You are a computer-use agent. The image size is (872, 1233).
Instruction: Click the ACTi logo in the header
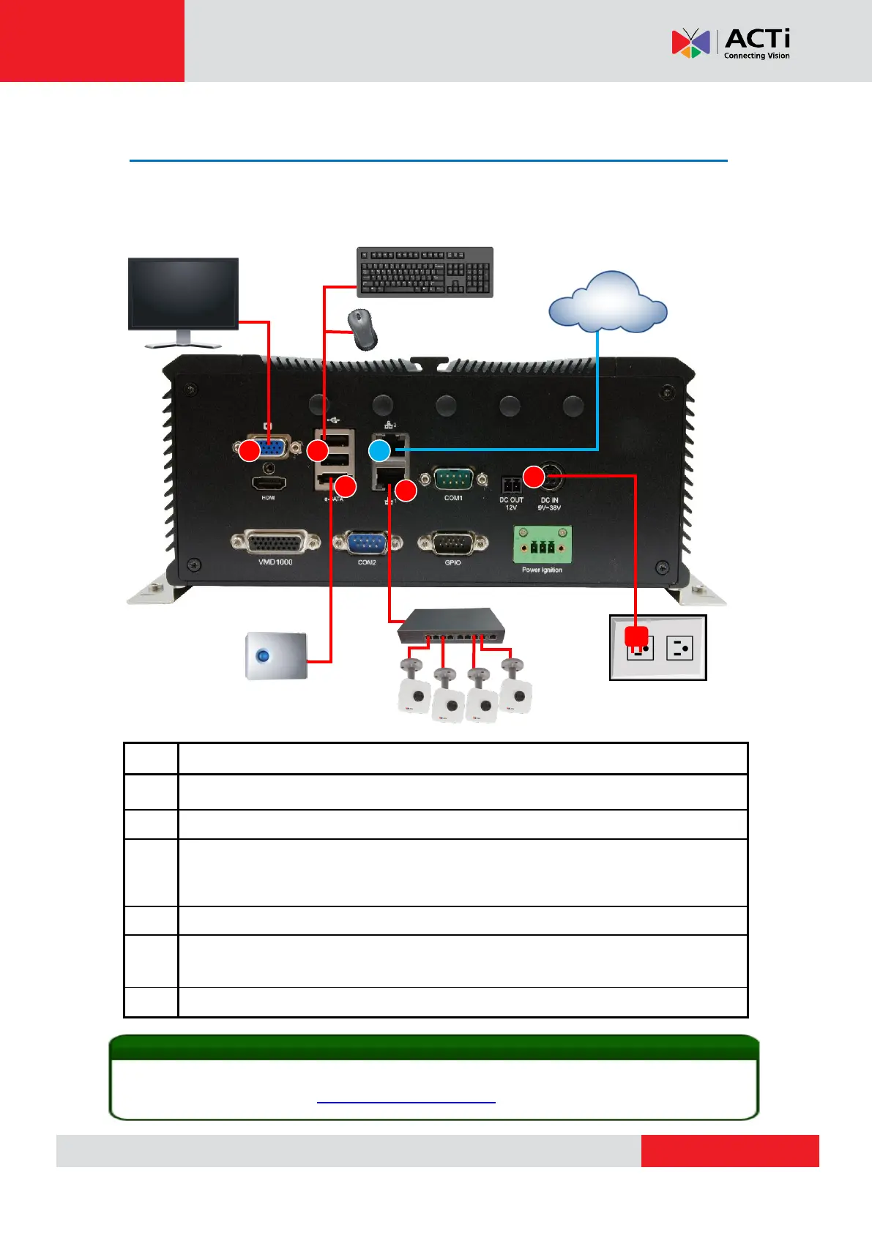pos(731,43)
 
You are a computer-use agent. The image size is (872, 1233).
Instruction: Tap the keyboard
pos(425,272)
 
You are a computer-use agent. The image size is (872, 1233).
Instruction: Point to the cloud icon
pos(608,302)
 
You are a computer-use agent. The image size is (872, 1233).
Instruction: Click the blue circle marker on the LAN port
pos(379,450)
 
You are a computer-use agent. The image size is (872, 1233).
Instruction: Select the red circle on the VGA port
pos(250,450)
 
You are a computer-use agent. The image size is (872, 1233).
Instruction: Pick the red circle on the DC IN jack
pos(534,477)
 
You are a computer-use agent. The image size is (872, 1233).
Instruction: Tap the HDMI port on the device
pos(268,483)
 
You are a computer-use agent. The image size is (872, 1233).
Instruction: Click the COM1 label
pos(453,499)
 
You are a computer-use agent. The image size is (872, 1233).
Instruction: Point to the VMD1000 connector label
pos(275,562)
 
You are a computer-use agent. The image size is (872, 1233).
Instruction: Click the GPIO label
pos(452,563)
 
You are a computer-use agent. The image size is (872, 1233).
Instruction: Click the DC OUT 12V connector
pos(511,485)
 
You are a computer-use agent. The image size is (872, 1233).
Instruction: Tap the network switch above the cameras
pos(452,626)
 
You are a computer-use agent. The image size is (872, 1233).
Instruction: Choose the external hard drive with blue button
pos(275,656)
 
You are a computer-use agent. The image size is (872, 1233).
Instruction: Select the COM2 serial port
pos(367,543)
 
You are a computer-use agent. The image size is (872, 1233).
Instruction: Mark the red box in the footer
pos(730,1150)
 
